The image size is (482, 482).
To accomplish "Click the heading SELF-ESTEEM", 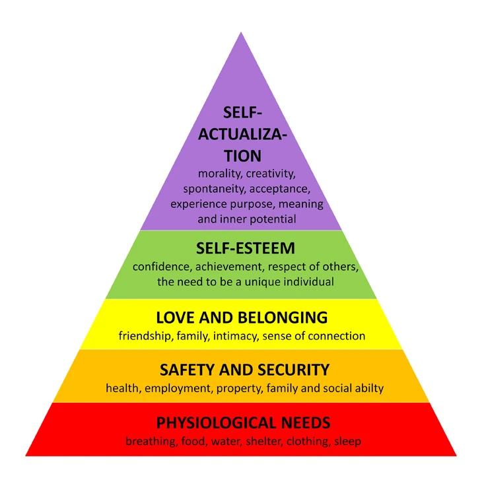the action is [246, 248].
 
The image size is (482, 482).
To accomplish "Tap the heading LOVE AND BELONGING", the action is [242, 318].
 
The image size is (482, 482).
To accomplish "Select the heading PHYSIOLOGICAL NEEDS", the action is [243, 423].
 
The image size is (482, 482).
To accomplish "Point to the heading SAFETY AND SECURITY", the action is [244, 370].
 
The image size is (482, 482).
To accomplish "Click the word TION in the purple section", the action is [242, 156].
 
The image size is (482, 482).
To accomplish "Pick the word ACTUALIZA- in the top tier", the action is [242, 134].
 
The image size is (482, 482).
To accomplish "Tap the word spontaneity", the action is [215, 189].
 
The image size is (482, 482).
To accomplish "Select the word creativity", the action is [271, 174].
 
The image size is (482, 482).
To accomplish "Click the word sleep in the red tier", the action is [348, 442].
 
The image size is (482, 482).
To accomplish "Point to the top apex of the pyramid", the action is [241, 32].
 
